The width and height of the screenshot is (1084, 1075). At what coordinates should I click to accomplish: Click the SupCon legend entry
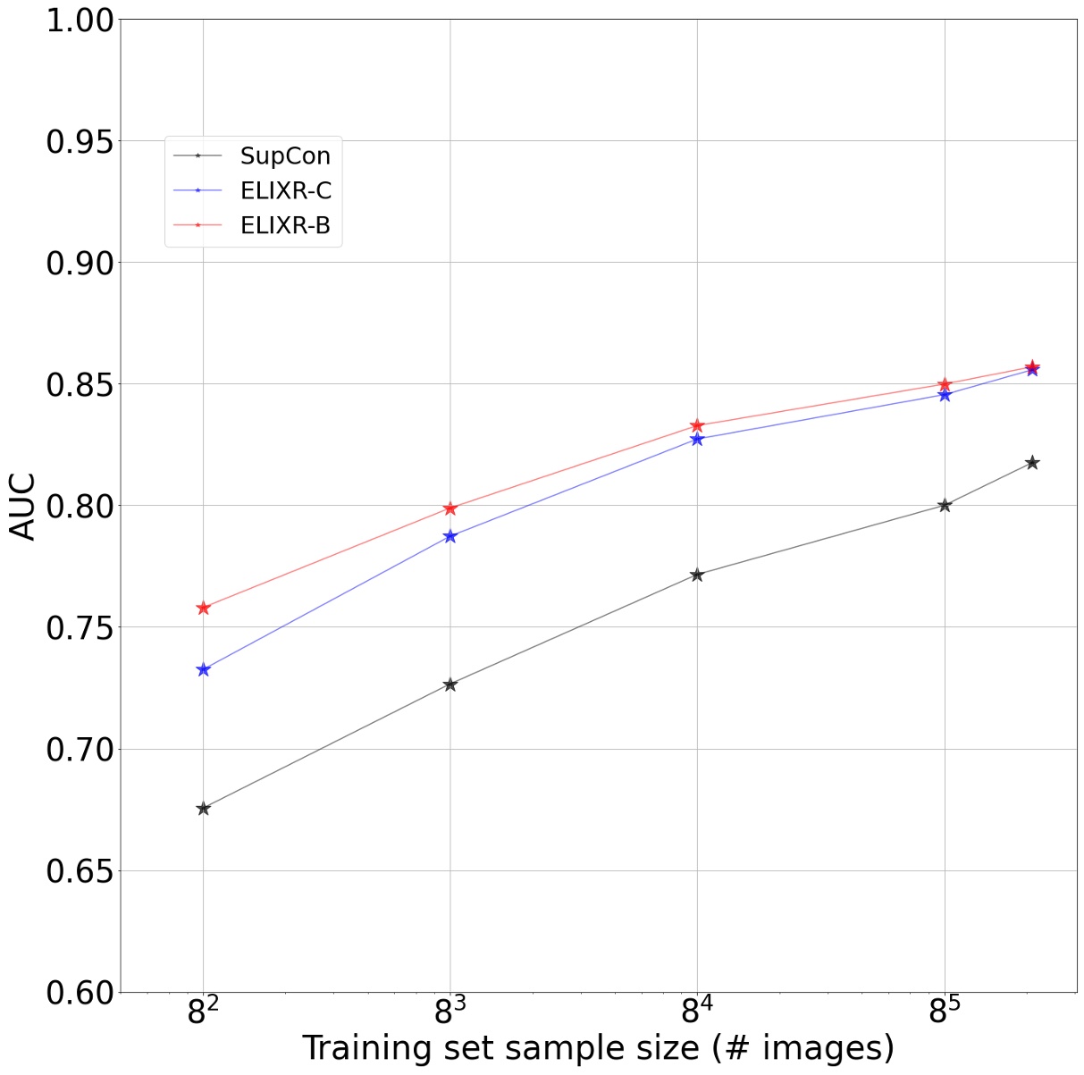[284, 155]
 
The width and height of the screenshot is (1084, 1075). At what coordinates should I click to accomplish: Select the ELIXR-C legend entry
[285, 191]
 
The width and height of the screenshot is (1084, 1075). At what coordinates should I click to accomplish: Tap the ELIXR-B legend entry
[285, 226]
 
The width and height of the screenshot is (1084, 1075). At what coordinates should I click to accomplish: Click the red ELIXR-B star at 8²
[204, 608]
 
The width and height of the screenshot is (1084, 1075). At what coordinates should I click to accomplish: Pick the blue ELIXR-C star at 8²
[204, 669]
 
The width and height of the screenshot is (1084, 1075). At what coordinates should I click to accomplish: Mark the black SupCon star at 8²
[204, 808]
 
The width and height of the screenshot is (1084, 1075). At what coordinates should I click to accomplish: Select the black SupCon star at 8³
[450, 684]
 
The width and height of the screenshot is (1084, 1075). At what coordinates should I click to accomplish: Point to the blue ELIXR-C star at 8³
[450, 536]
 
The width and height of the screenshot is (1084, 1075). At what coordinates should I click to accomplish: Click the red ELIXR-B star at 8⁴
[697, 425]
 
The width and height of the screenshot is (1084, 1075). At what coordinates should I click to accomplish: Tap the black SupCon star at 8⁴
[697, 575]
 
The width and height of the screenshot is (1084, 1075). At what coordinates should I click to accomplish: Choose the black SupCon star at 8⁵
[945, 505]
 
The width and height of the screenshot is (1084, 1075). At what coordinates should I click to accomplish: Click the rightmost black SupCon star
[1032, 462]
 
